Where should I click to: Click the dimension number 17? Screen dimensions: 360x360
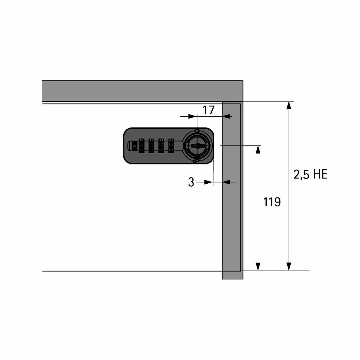(x=208, y=110)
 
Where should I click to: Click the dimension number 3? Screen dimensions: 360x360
(x=191, y=182)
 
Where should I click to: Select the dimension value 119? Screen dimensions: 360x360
(x=272, y=202)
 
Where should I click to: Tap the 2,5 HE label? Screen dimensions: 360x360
(x=310, y=174)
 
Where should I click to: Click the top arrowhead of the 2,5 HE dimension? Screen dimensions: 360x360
(x=289, y=105)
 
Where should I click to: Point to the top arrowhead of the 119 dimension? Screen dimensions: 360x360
(x=258, y=149)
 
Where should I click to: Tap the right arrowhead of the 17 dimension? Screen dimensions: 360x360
(x=226, y=116)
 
